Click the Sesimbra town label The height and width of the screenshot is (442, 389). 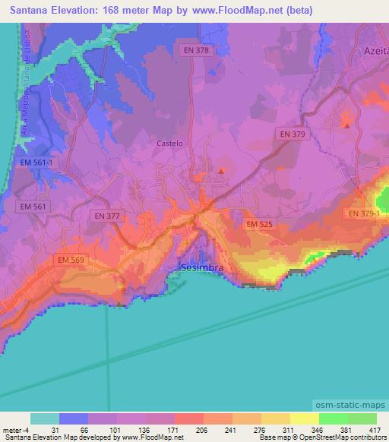203,268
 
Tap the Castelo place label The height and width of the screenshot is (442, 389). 169,143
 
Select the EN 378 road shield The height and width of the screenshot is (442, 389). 195,50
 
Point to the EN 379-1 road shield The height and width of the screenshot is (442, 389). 366,214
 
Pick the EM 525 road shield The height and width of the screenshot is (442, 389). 259,224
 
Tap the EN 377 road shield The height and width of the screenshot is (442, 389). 107,216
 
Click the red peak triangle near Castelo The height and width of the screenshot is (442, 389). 221,171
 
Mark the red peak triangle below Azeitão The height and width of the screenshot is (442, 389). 347,125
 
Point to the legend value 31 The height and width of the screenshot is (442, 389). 54,431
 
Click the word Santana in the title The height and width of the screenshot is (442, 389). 29,10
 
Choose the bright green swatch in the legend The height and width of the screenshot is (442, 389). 334,418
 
